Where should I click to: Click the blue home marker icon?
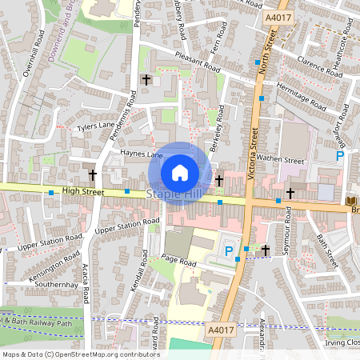180,172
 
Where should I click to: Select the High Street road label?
82,190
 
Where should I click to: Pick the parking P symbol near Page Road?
230,251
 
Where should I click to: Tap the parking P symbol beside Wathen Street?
339,157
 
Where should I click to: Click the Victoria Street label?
253,163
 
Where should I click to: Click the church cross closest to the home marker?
218,181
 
